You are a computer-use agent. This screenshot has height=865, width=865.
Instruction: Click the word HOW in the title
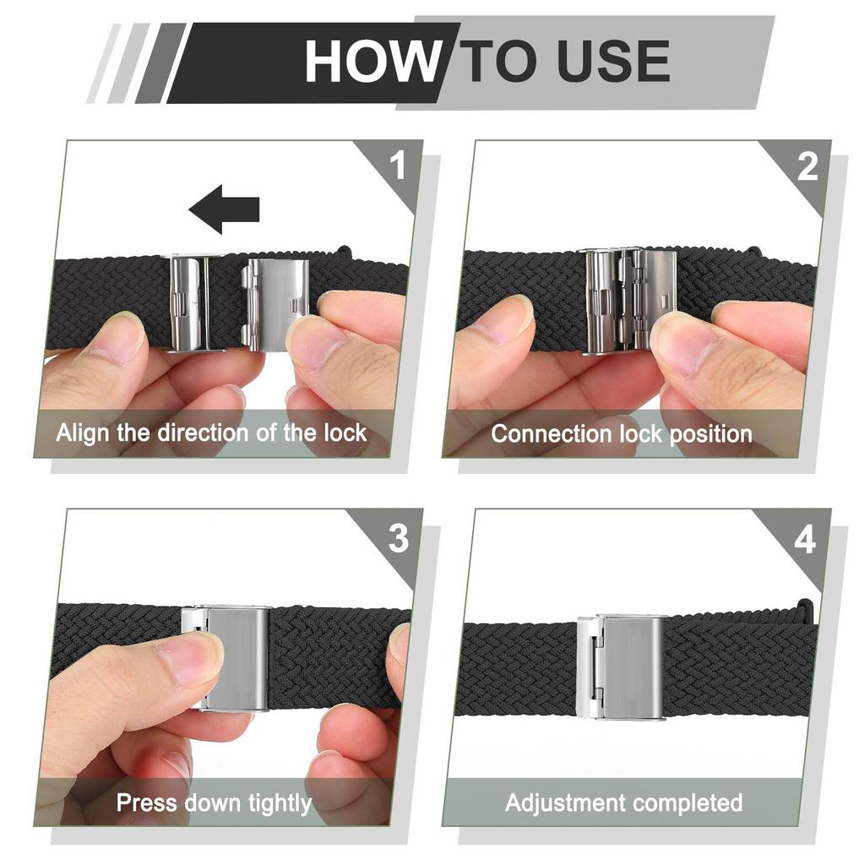click(372, 61)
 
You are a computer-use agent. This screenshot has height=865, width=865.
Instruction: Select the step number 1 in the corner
click(398, 166)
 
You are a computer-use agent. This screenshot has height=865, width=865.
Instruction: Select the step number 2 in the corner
click(808, 166)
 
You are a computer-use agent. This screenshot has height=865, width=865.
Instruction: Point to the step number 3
click(398, 539)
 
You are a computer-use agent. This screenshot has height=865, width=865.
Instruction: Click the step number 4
click(805, 539)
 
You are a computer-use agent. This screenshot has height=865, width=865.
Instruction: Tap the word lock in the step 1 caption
click(344, 433)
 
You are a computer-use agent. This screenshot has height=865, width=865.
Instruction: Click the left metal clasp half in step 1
click(190, 302)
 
